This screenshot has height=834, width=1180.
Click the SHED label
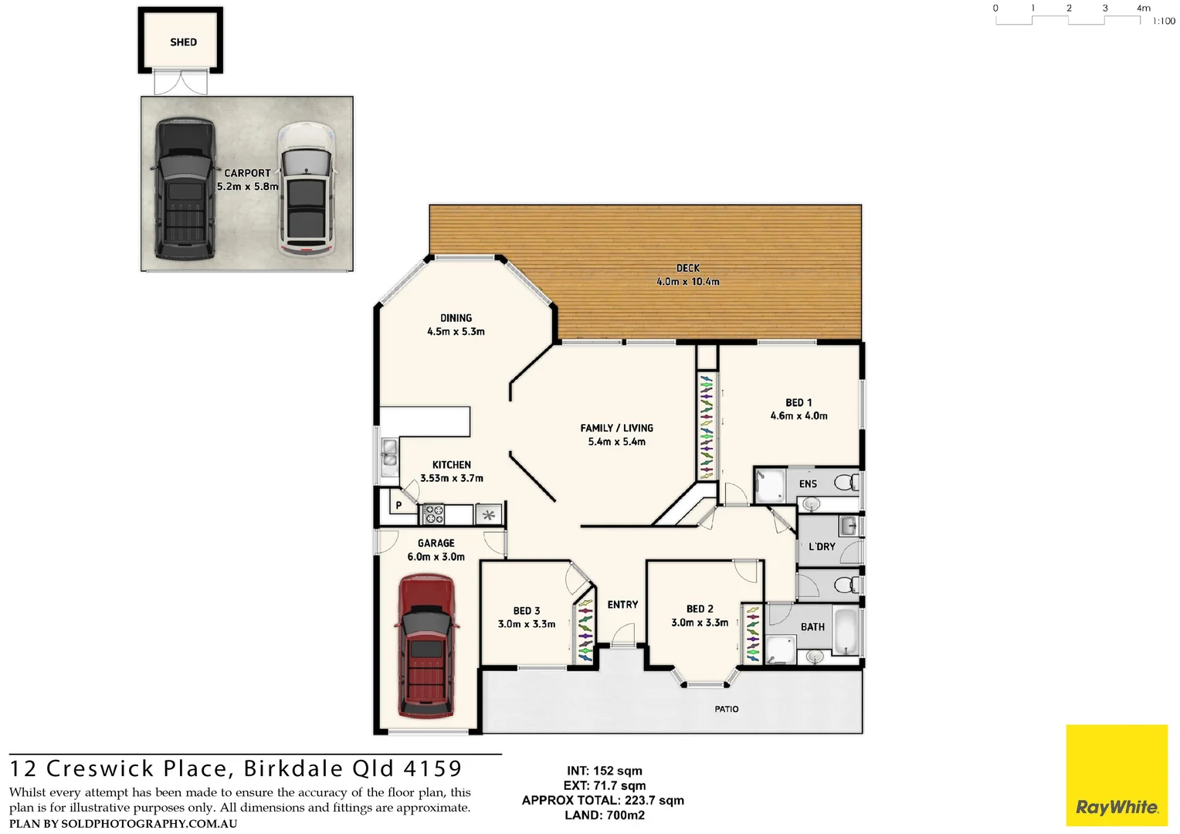click(183, 42)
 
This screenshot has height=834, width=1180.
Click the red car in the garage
click(426, 646)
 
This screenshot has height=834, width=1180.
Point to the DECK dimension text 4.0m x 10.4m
click(687, 282)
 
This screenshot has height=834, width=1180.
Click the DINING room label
click(456, 318)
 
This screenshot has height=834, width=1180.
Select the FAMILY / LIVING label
click(616, 428)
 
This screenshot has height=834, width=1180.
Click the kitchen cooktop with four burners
click(434, 514)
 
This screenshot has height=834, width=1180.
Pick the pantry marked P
click(398, 506)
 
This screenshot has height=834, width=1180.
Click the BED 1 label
click(799, 402)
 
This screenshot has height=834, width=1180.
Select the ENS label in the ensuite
click(808, 484)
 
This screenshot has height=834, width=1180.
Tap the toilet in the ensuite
click(846, 483)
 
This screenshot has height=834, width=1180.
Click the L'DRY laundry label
click(822, 547)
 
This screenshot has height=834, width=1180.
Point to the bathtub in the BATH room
click(846, 632)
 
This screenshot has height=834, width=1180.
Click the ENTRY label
click(622, 605)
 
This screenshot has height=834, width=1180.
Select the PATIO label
click(726, 709)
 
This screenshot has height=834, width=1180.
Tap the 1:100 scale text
click(1163, 22)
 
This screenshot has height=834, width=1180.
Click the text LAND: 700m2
click(604, 815)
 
